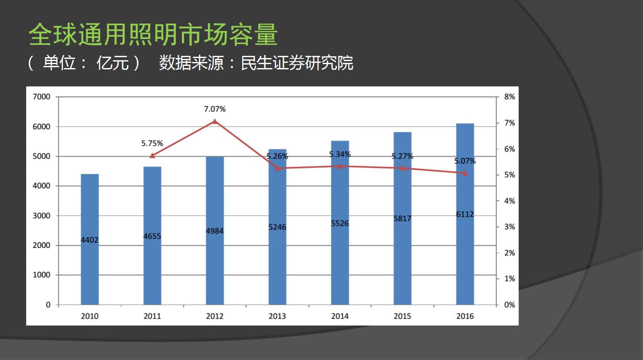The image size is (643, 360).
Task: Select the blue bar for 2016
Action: [x=465, y=262]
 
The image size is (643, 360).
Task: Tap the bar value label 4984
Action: [x=215, y=231]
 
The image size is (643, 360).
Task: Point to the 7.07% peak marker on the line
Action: [x=215, y=121]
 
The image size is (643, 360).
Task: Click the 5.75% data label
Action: [x=152, y=143]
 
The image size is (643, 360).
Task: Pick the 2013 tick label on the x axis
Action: [x=277, y=316]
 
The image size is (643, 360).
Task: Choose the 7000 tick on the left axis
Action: [x=41, y=96]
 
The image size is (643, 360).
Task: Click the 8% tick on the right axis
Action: [x=509, y=96]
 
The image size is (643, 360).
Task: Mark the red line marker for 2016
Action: [x=465, y=173]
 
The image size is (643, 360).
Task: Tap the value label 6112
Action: [x=465, y=214]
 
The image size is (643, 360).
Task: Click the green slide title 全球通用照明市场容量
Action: [x=153, y=34]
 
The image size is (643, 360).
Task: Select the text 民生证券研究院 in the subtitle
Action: [x=297, y=63]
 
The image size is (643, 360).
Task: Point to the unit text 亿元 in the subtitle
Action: [x=113, y=63]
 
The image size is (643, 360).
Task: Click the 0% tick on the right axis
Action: [x=509, y=305]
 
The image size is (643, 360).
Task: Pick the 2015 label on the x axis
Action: [x=402, y=316]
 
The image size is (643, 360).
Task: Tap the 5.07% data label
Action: [x=465, y=161]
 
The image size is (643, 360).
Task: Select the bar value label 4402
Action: [x=89, y=240]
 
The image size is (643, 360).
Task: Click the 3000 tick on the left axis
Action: [x=41, y=216]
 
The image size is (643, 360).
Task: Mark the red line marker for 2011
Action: [x=152, y=156]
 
